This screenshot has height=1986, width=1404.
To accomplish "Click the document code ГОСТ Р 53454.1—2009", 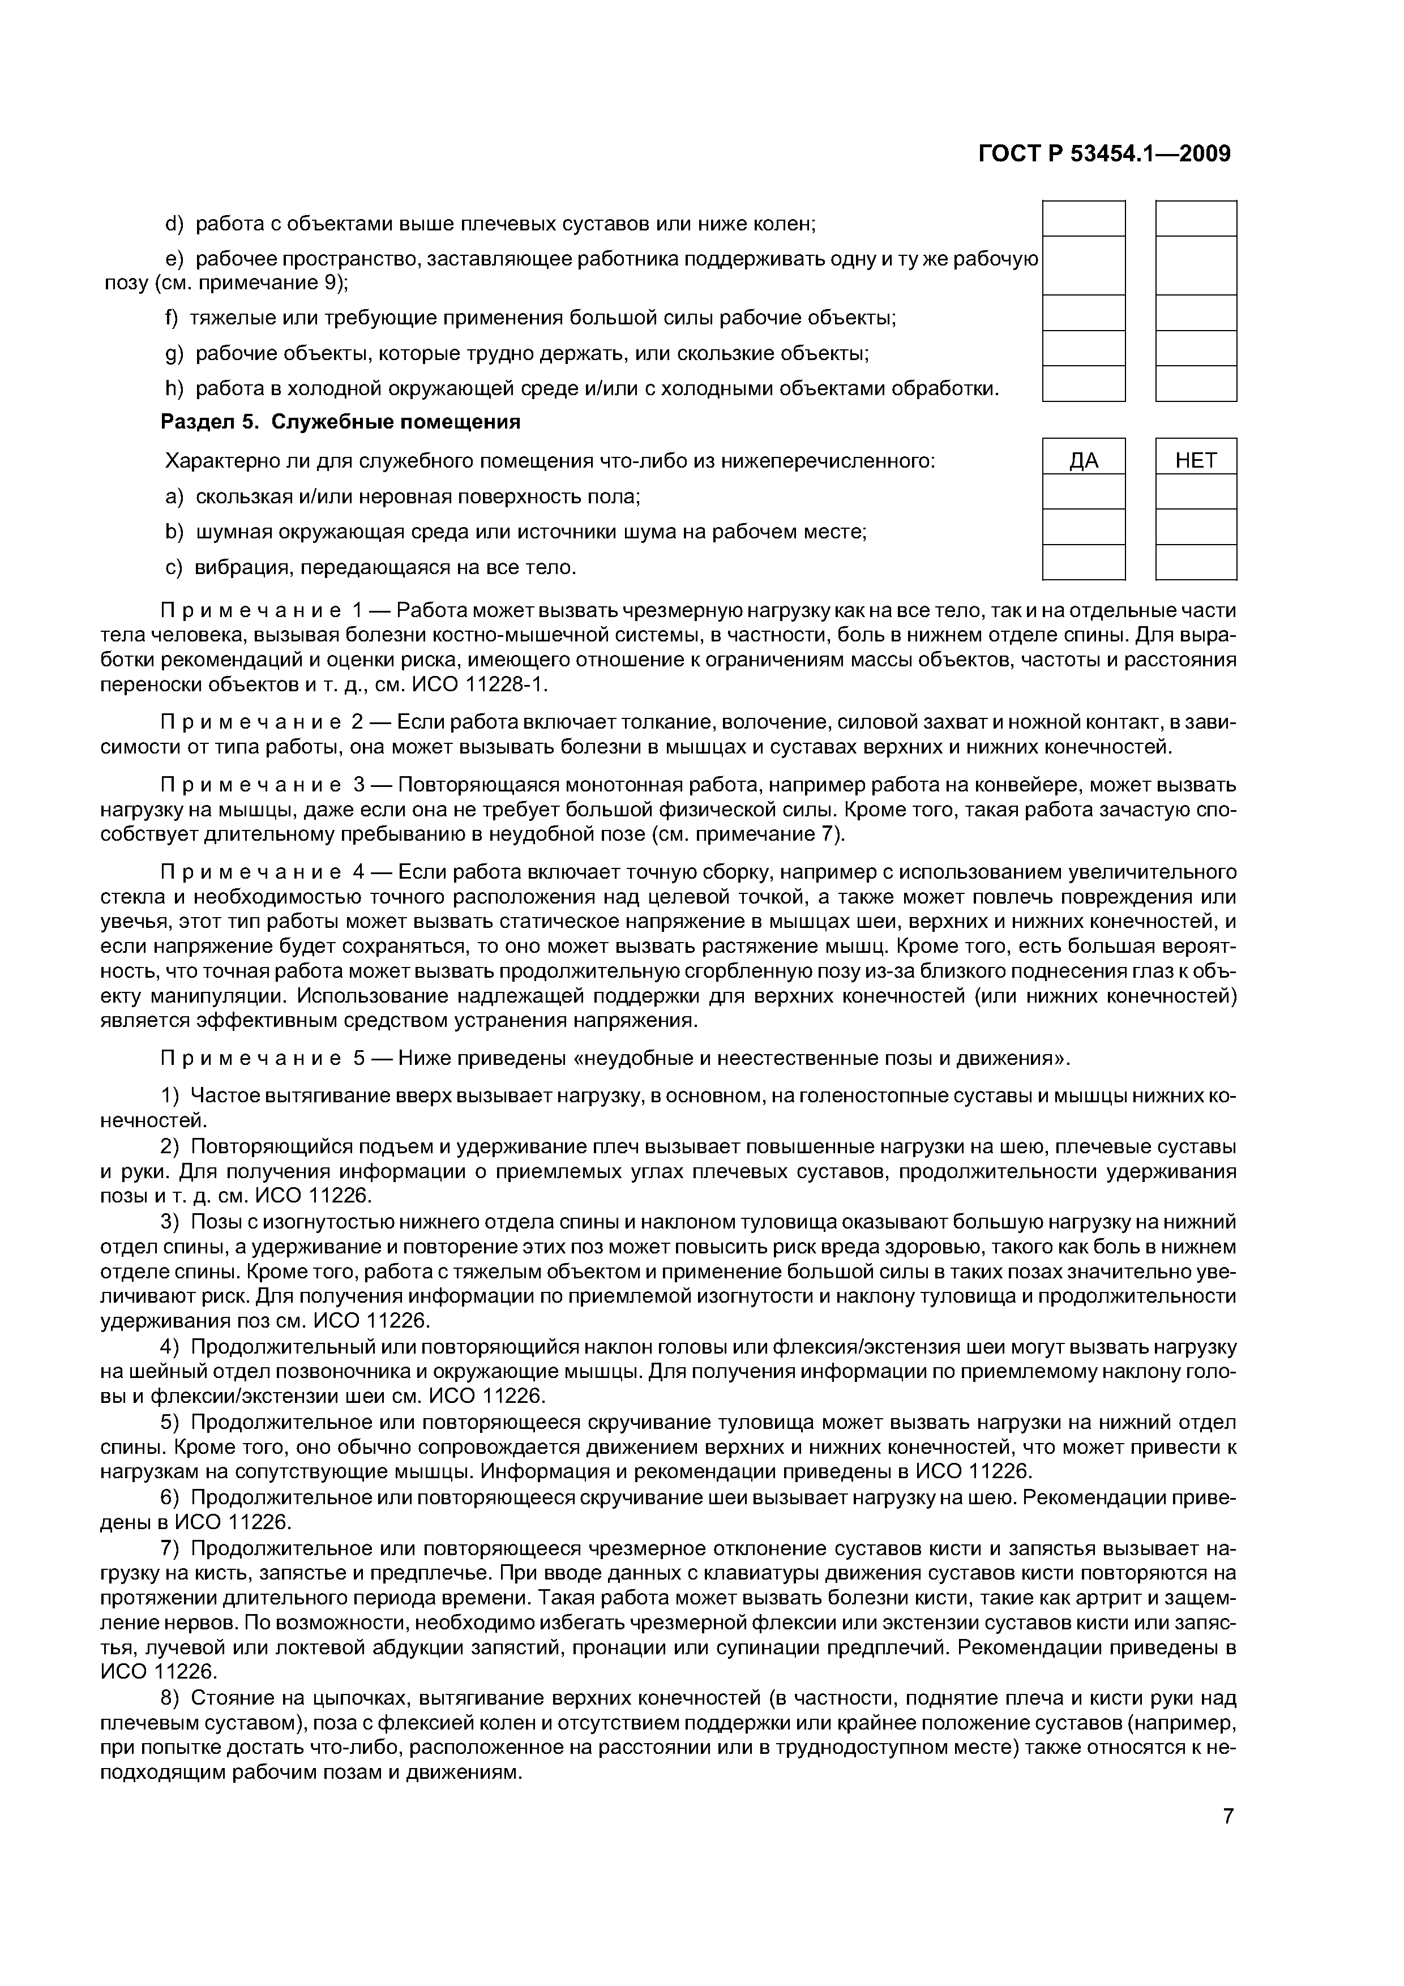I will click(x=1104, y=154).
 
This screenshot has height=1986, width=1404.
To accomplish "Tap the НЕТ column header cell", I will click(x=1196, y=460).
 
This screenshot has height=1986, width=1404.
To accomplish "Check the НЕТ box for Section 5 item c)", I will click(x=1196, y=562).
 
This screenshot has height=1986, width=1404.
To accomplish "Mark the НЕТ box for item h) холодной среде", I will click(x=1196, y=384).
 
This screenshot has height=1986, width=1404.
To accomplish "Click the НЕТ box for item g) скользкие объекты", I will click(x=1196, y=349).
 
